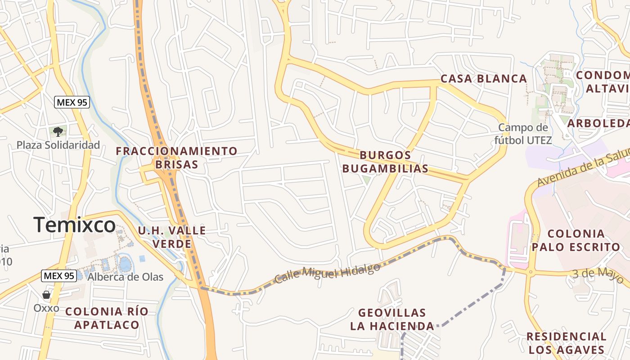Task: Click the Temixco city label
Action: pyautogui.click(x=74, y=225)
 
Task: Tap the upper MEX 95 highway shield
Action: pyautogui.click(x=72, y=103)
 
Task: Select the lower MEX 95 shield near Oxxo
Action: pyautogui.click(x=58, y=276)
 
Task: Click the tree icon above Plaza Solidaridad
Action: pyautogui.click(x=58, y=131)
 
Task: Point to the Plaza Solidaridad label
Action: pyautogui.click(x=58, y=145)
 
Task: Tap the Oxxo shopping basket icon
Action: pyautogui.click(x=46, y=295)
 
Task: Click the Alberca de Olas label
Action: pyautogui.click(x=125, y=277)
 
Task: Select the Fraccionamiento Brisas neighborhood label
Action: pyautogui.click(x=176, y=157)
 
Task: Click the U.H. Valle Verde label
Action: pyautogui.click(x=172, y=237)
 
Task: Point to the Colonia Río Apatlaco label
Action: pyautogui.click(x=107, y=318)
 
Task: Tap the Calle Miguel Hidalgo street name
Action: pyautogui.click(x=327, y=273)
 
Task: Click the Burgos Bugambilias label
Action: pyautogui.click(x=385, y=162)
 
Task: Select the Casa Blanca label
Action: pyautogui.click(x=483, y=79)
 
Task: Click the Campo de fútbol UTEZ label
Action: pyautogui.click(x=523, y=134)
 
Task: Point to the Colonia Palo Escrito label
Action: pyautogui.click(x=576, y=240)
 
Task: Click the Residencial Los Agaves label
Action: pyautogui.click(x=566, y=342)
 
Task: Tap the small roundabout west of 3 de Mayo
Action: pyautogui.click(x=531, y=272)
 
